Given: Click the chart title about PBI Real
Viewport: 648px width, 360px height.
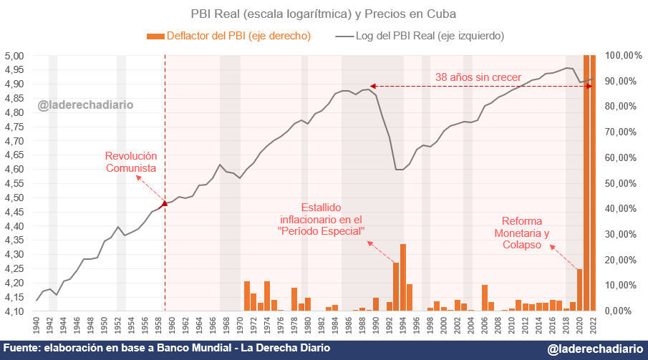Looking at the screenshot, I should pyautogui.click(x=323, y=14).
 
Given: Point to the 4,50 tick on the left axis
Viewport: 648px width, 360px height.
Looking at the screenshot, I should pyautogui.click(x=15, y=198).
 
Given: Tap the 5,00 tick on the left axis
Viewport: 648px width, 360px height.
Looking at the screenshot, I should pyautogui.click(x=15, y=56).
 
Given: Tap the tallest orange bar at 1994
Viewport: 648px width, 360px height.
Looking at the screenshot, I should pyautogui.click(x=403, y=278).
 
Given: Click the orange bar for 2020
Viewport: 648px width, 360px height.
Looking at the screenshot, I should pyautogui.click(x=579, y=290).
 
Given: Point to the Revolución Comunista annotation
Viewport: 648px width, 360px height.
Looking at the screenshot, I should pyautogui.click(x=130, y=162).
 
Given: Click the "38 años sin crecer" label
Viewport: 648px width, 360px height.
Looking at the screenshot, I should pyautogui.click(x=478, y=77).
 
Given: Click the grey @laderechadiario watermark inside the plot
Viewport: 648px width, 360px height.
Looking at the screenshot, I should pyautogui.click(x=85, y=105).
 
